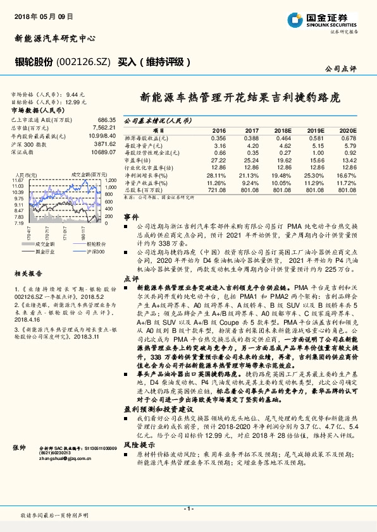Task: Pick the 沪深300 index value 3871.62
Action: pos(105,143)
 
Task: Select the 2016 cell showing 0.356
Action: pos(218,137)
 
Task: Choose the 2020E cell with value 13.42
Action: pos(348,160)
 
